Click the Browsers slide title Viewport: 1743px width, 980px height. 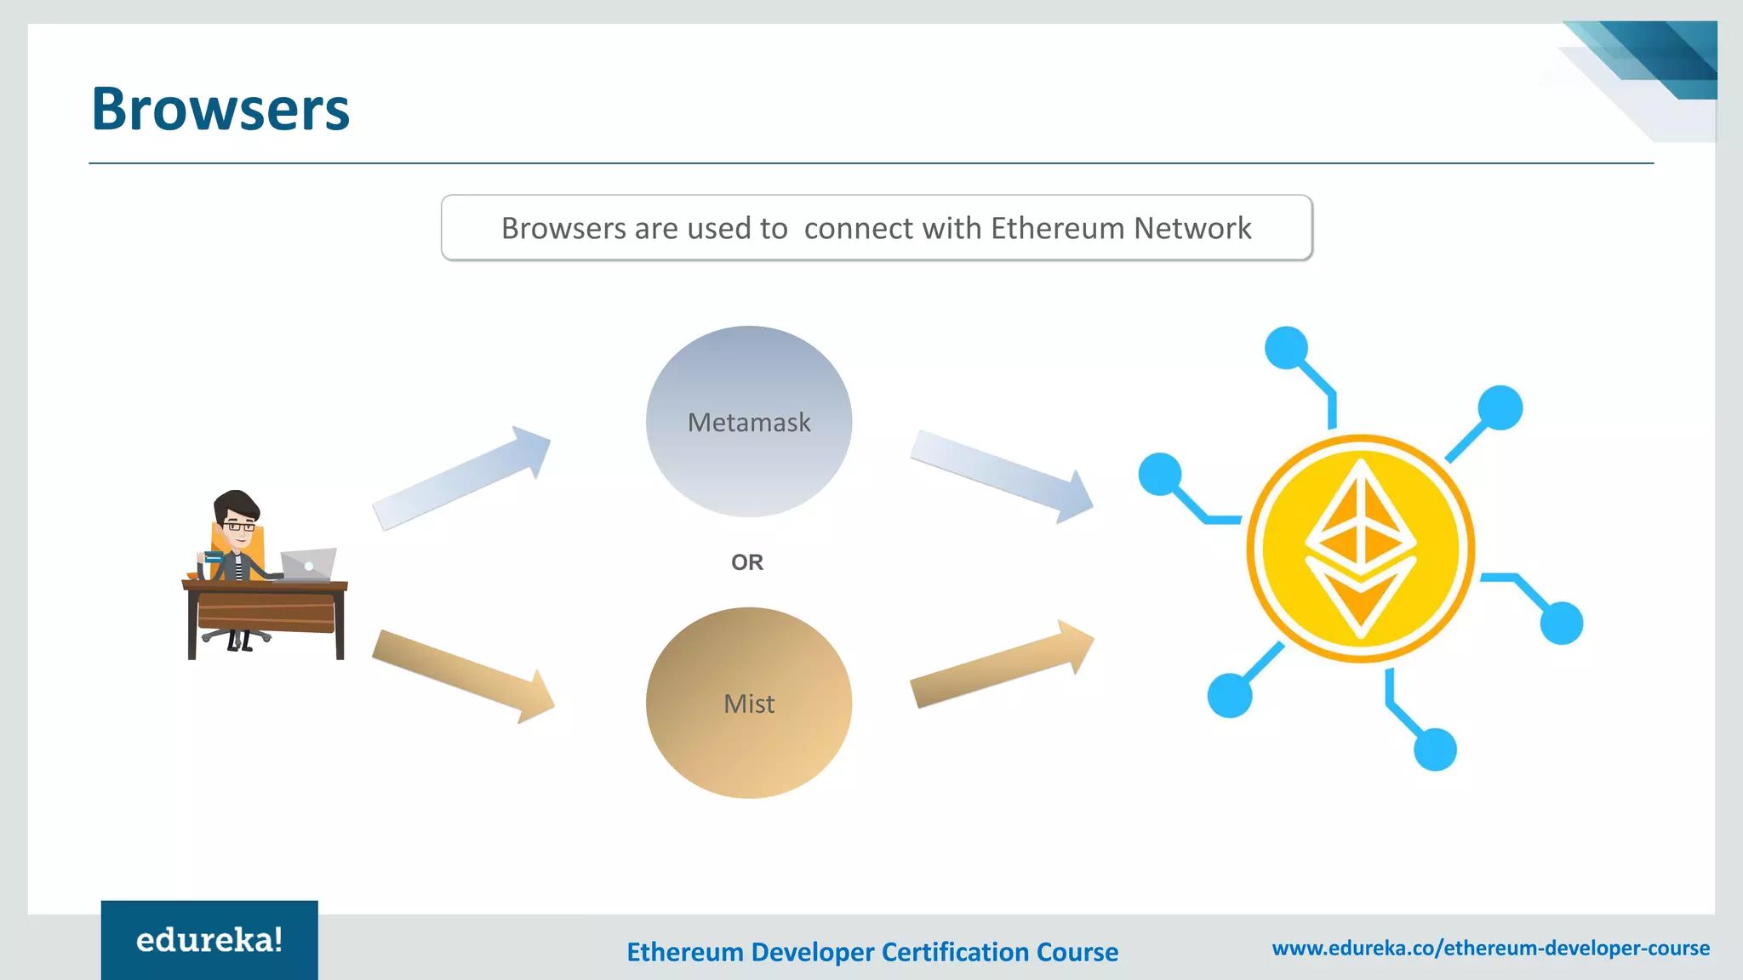point(220,110)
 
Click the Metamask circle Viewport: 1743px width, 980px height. point(749,421)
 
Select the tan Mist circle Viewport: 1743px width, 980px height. point(749,703)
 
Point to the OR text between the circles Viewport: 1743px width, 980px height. point(747,562)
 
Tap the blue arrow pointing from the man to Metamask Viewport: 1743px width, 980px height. point(462,478)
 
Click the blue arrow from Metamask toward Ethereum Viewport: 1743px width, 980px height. point(1001,475)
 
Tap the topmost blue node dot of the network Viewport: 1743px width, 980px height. point(1286,348)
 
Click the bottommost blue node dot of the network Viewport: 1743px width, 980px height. point(1435,749)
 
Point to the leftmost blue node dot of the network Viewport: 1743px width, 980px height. point(1160,474)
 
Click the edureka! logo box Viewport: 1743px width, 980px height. point(209,940)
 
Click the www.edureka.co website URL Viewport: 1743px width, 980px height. point(1490,948)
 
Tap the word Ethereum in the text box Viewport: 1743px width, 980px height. point(1057,228)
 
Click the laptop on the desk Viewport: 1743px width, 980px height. point(309,564)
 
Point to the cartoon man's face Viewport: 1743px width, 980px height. point(238,527)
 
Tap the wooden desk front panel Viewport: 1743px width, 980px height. point(266,611)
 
